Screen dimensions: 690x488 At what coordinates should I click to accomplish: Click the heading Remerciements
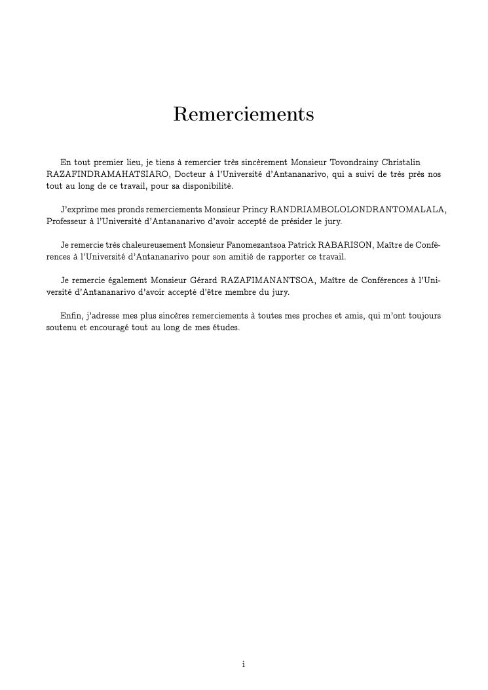pyautogui.click(x=244, y=114)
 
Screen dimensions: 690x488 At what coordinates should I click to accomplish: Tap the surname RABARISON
pyautogui.click(x=345, y=245)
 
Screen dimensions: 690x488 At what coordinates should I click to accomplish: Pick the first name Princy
pyautogui.click(x=255, y=210)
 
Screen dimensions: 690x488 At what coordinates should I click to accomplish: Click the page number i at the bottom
pyautogui.click(x=244, y=664)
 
